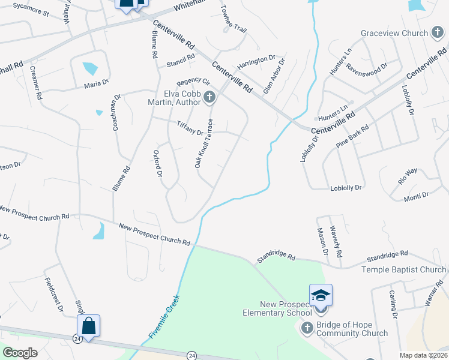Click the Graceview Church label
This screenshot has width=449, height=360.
pyautogui.click(x=393, y=34)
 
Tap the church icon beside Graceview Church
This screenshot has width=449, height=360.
pyautogui.click(x=438, y=34)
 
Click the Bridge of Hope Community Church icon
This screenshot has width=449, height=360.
pyautogui.click(x=307, y=327)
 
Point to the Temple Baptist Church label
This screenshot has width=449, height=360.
pyautogui.click(x=404, y=270)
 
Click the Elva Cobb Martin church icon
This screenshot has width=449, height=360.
pyautogui.click(x=209, y=97)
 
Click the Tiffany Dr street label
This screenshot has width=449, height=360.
pyautogui.click(x=191, y=128)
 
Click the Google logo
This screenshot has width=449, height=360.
pyautogui.click(x=20, y=352)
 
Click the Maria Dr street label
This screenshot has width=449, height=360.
pyautogui.click(x=96, y=84)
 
